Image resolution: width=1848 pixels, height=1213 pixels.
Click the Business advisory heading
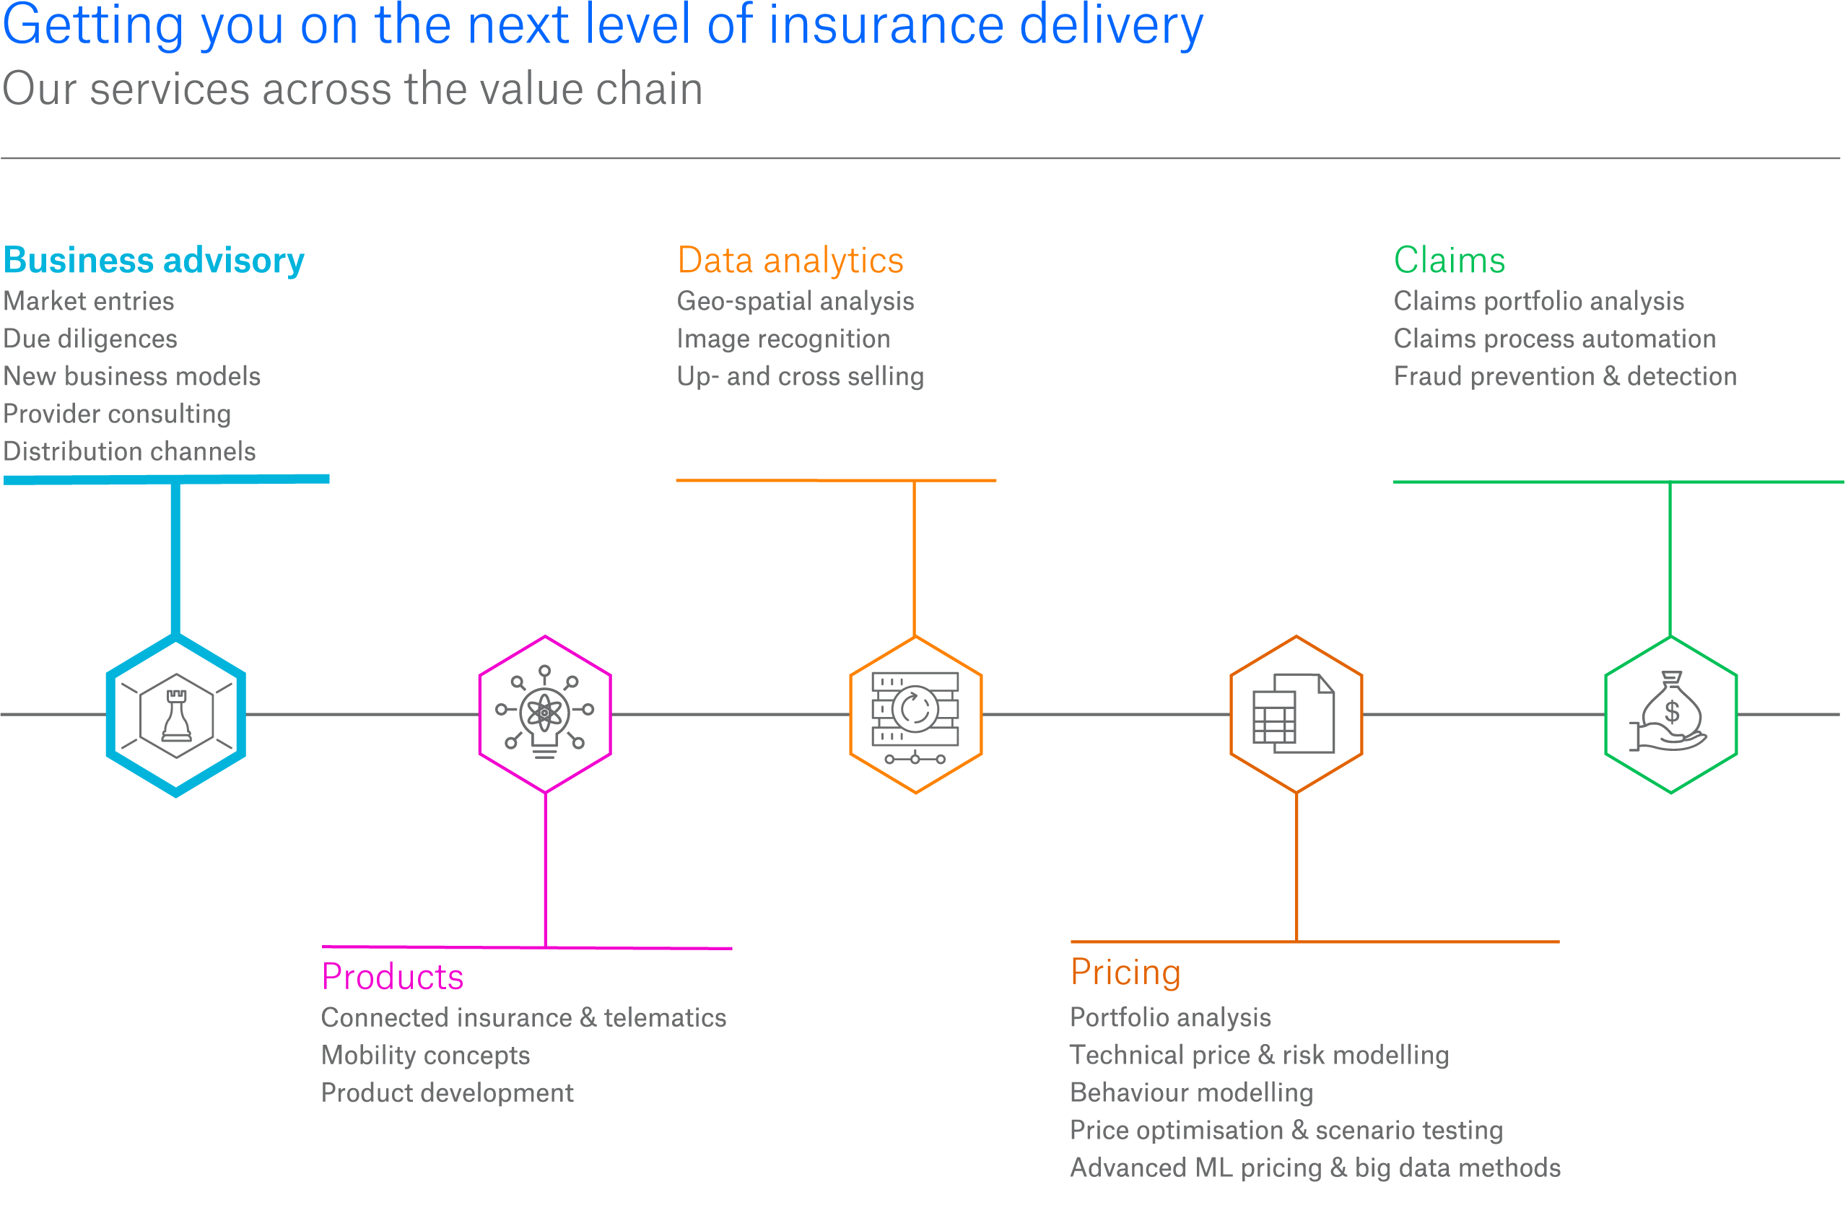point(154,261)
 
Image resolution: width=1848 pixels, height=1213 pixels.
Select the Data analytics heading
point(790,261)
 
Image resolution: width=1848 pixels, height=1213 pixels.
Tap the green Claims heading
point(1449,261)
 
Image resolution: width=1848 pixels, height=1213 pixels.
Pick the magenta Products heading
point(392,977)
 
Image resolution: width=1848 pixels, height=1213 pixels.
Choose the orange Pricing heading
point(1125,973)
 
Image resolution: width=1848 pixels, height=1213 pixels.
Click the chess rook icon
point(176,716)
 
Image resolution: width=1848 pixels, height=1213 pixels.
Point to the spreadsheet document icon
point(1294,713)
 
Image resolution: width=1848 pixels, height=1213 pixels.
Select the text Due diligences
point(90,339)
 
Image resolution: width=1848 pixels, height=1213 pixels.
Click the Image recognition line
point(783,339)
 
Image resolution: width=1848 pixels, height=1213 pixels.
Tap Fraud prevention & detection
point(1564,377)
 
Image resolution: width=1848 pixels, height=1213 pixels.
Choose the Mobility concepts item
point(425,1056)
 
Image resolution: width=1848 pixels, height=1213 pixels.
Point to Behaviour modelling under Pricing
point(1191,1092)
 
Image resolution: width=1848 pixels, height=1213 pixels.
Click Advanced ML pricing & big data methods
point(1315,1168)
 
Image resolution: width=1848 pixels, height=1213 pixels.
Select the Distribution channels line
point(130,452)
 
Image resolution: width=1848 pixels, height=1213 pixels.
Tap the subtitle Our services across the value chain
point(352,90)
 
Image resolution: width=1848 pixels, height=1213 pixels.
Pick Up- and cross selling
point(800,377)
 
